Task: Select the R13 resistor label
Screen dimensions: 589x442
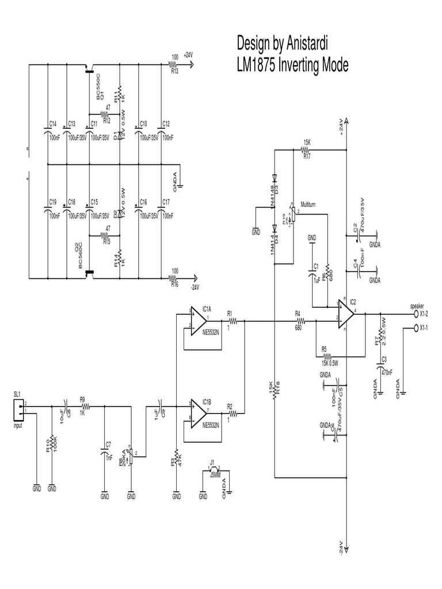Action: (174, 72)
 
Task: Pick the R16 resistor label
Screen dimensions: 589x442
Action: (174, 283)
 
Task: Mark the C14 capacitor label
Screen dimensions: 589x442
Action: (53, 124)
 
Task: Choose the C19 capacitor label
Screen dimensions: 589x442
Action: (53, 202)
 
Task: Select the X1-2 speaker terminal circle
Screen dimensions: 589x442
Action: (416, 314)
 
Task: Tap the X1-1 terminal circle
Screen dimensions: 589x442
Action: (416, 328)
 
